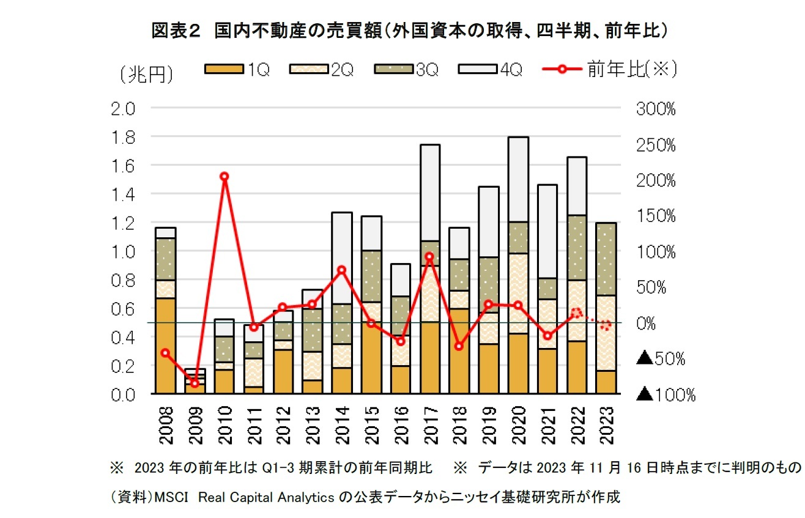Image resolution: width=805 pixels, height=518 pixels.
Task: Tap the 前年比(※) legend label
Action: (631, 70)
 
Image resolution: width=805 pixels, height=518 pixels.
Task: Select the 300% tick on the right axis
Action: (656, 109)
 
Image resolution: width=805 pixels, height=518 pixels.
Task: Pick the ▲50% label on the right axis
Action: (661, 359)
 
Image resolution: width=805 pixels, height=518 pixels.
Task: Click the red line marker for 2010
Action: (224, 177)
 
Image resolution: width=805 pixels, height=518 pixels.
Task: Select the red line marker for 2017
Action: (430, 257)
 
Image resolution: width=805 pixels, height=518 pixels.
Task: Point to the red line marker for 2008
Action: (165, 353)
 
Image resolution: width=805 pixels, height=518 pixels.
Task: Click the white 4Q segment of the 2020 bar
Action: (518, 179)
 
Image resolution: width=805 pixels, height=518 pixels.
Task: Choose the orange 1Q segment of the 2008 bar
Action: (165, 346)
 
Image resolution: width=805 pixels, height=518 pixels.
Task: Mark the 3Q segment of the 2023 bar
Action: (606, 259)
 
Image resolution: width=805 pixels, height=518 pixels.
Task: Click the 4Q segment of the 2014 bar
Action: (342, 257)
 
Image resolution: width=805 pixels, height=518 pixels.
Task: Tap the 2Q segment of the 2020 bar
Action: (518, 293)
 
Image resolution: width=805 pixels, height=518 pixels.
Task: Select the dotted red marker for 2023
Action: (606, 325)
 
